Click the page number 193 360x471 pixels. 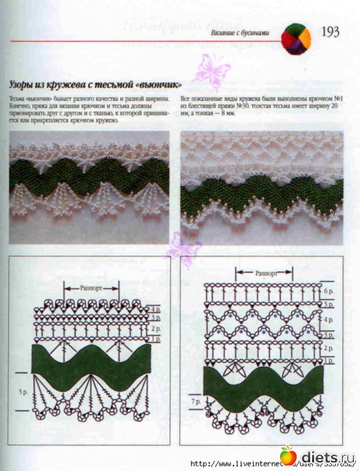[x=330, y=31]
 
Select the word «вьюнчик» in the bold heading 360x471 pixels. [x=156, y=85]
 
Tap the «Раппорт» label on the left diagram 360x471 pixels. [x=91, y=287]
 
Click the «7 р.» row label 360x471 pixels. [x=195, y=399]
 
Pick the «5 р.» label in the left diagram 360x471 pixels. [x=22, y=392]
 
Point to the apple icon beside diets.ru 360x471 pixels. [x=288, y=454]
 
